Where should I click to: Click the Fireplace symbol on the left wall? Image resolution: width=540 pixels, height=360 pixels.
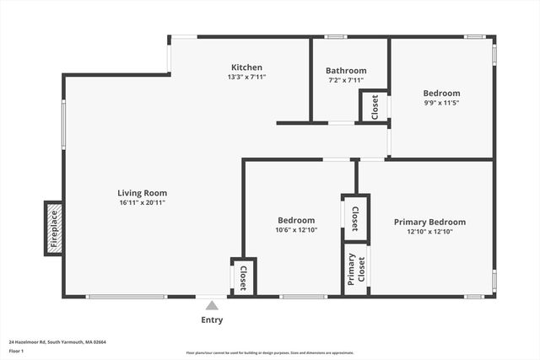click(53, 228)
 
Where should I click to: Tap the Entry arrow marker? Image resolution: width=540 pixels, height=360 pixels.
click(212, 305)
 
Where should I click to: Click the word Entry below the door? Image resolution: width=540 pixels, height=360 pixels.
click(213, 320)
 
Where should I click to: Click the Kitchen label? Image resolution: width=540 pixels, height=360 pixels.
click(247, 67)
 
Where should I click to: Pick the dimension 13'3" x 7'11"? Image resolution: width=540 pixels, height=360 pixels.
click(247, 77)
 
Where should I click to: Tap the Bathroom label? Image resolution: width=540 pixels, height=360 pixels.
click(346, 71)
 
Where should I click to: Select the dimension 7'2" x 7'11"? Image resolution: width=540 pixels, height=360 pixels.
click(346, 80)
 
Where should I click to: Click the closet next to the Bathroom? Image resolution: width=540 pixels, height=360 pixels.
click(375, 107)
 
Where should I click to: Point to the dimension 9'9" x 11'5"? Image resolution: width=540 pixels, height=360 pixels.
click(441, 103)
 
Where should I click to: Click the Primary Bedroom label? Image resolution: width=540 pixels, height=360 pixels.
click(429, 222)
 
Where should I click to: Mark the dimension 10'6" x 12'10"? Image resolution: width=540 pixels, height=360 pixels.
click(295, 230)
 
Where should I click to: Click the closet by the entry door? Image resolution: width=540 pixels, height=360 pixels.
click(243, 277)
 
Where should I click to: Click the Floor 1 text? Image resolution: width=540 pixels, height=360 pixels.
click(17, 351)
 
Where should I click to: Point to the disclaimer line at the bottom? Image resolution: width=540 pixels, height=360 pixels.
click(270, 352)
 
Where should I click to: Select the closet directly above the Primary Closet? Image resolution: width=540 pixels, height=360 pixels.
click(355, 218)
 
